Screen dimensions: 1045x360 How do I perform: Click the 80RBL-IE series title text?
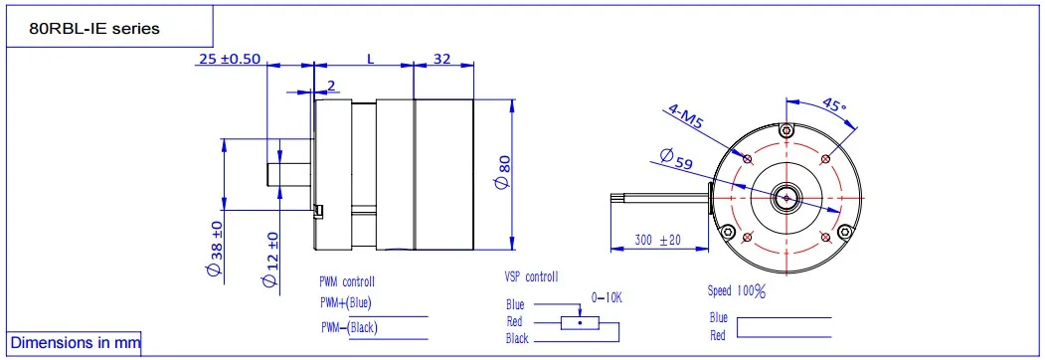pyautogui.click(x=94, y=29)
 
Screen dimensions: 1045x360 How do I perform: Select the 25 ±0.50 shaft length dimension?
pyautogui.click(x=230, y=59)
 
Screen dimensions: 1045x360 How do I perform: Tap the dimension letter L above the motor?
pyautogui.click(x=371, y=59)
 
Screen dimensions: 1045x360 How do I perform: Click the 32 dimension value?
pyautogui.click(x=441, y=59)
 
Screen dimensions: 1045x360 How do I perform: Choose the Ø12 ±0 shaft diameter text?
pyautogui.click(x=270, y=260)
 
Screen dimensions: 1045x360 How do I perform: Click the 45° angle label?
pyautogui.click(x=834, y=106)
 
